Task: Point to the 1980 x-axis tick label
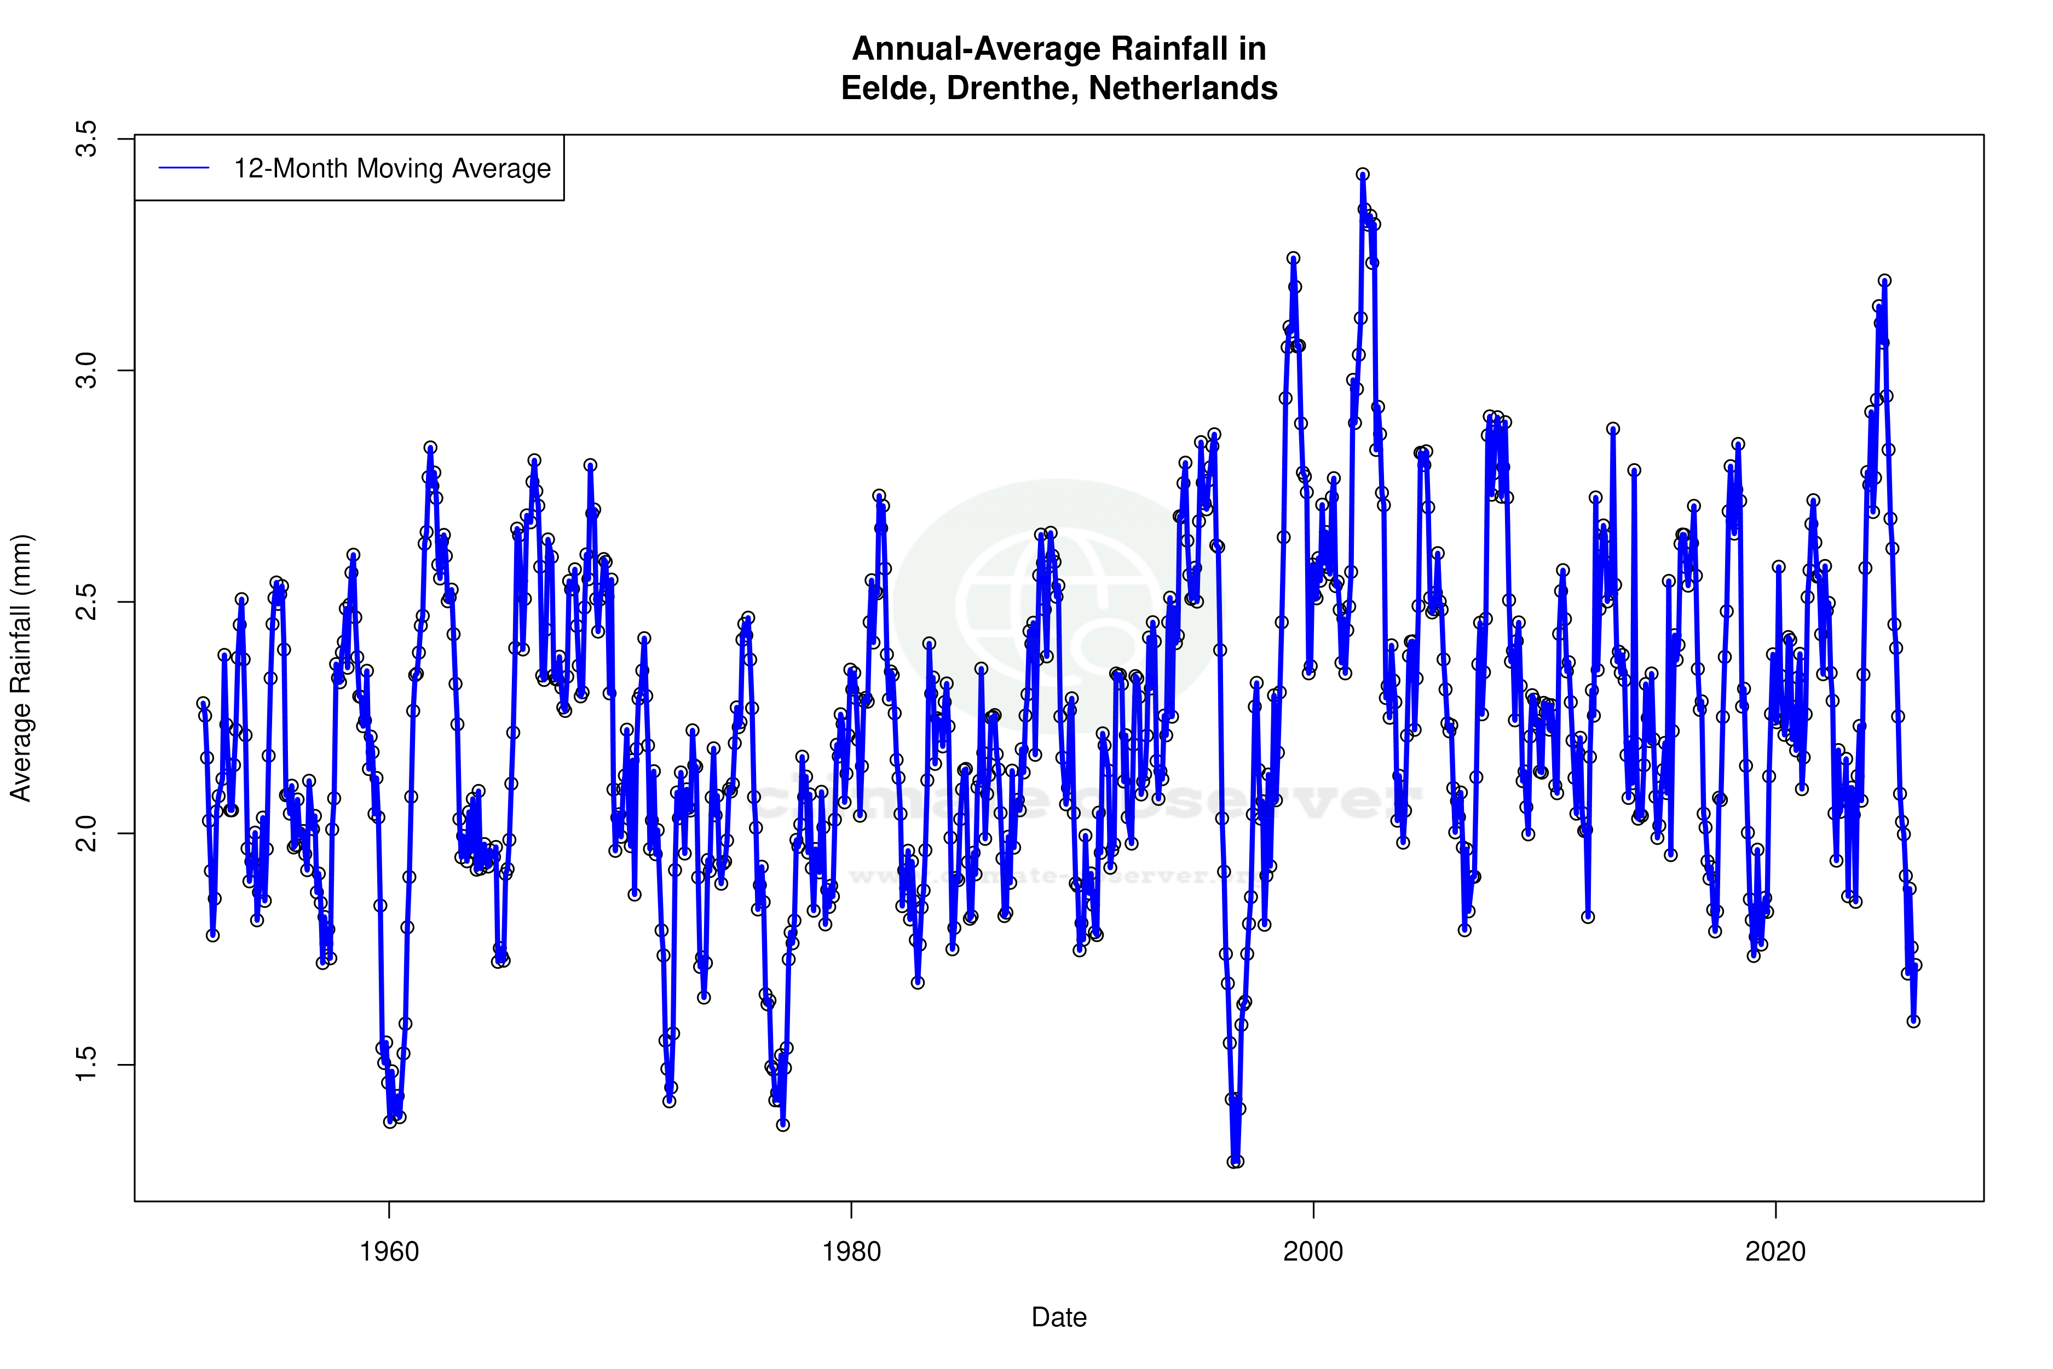point(851,1252)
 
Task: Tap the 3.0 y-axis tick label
point(87,371)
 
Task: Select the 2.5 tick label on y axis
point(87,602)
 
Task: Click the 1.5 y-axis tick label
point(87,1065)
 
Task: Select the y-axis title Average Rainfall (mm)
point(21,668)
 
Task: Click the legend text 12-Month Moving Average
point(392,169)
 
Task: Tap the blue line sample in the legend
point(184,169)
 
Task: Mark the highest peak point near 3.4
point(1363,175)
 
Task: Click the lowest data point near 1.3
point(1234,1162)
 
